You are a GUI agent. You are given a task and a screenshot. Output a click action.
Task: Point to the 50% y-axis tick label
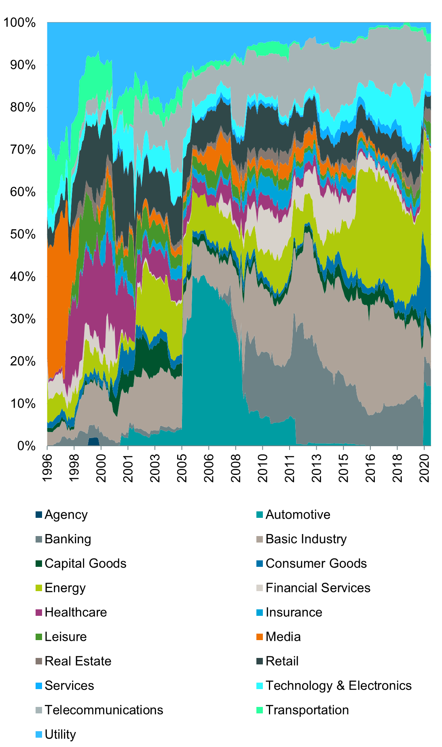[x=23, y=234]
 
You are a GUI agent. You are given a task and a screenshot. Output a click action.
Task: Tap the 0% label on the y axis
[x=27, y=446]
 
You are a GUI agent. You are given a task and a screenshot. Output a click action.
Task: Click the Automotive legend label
[x=298, y=515]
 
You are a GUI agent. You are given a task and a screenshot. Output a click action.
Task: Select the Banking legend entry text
[x=68, y=539]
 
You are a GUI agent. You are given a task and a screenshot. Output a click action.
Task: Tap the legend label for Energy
[x=65, y=588]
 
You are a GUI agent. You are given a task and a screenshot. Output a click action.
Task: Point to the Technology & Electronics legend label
[x=338, y=685]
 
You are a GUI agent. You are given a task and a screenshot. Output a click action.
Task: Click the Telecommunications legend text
[x=104, y=710]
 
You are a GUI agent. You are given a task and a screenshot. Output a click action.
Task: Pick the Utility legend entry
[x=60, y=734]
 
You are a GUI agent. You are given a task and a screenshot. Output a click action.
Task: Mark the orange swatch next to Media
[x=260, y=637]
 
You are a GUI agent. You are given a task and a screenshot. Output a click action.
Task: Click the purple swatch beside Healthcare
[x=39, y=613]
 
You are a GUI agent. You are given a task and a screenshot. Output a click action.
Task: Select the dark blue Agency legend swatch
[x=39, y=515]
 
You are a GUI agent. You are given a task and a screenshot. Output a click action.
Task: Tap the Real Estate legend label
[x=78, y=661]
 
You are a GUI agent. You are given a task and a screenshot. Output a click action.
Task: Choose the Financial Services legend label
[x=318, y=588]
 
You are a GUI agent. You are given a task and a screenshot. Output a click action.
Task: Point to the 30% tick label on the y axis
[x=23, y=319]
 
